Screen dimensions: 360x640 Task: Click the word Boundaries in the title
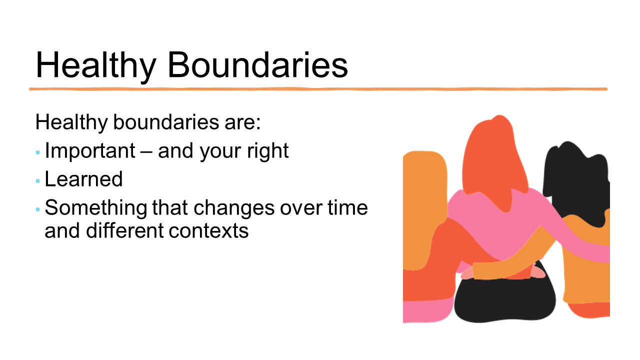point(257,65)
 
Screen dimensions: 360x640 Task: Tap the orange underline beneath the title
point(318,89)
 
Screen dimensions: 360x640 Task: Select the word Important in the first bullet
point(90,151)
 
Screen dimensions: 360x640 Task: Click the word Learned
point(83,179)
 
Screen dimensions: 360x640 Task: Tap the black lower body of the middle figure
point(505,300)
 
